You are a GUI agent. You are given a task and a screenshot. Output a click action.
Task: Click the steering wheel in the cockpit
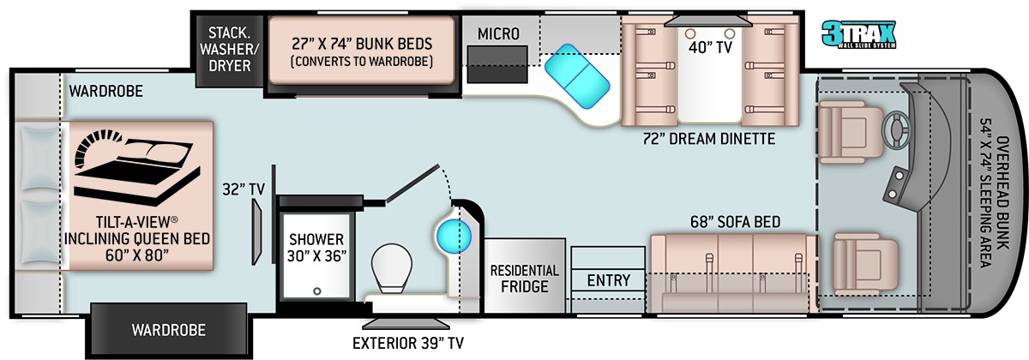896,130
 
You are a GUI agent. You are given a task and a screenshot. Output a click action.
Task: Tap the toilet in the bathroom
391,268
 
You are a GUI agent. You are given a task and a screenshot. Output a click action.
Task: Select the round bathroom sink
454,237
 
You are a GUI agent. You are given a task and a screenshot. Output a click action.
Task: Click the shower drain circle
317,291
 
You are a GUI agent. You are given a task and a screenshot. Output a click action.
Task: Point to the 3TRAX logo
858,34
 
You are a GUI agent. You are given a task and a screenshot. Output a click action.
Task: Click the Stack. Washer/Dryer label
230,49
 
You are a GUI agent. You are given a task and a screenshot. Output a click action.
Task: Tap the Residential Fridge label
525,279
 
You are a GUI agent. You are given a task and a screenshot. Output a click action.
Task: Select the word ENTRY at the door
609,280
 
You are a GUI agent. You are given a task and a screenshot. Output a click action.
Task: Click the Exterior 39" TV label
408,343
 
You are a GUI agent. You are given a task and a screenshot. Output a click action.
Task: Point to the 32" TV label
244,189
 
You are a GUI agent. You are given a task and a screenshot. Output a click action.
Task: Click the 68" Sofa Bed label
735,222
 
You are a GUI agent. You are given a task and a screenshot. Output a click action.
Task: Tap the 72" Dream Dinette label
709,139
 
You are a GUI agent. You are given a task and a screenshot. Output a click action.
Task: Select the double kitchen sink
577,76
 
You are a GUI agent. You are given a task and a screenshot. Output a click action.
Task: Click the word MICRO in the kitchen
498,34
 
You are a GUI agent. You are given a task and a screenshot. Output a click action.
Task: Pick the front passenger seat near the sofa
865,264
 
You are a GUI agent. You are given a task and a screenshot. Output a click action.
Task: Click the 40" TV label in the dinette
710,47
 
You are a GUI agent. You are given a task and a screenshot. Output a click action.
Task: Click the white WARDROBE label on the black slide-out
169,330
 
